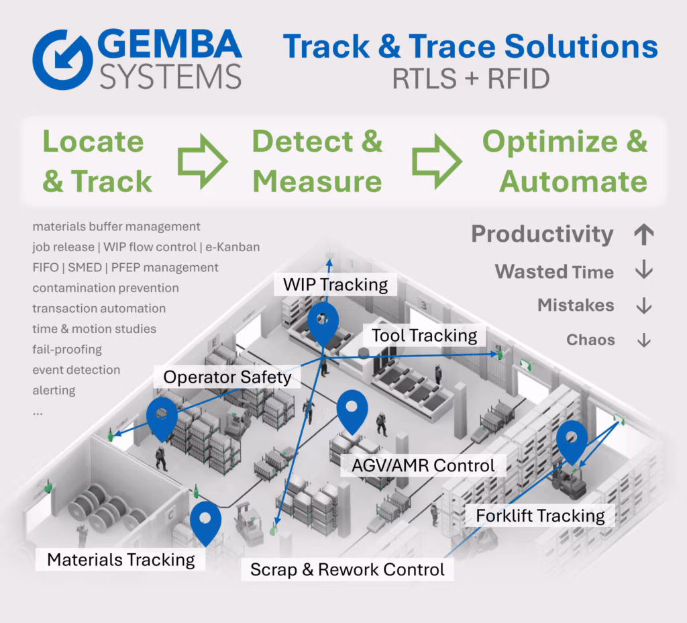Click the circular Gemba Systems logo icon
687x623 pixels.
[62, 58]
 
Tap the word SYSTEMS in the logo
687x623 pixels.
[170, 76]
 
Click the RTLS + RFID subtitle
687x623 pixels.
[470, 79]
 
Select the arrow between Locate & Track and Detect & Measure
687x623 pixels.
[202, 162]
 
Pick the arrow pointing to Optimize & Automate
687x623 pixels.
[437, 162]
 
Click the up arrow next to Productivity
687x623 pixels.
[643, 234]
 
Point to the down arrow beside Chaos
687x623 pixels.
[643, 340]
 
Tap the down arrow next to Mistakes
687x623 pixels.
[643, 305]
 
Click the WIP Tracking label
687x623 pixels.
[335, 285]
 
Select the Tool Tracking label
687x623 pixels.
[425, 336]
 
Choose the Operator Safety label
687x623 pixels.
[227, 377]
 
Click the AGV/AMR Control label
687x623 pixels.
[424, 465]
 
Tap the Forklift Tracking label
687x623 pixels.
[540, 516]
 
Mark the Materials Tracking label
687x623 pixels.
[121, 560]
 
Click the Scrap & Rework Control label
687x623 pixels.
[347, 570]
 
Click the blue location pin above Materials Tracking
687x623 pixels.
[205, 522]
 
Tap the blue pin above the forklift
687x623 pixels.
[572, 440]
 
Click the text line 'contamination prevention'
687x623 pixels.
[105, 288]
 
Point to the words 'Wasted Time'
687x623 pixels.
[554, 272]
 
